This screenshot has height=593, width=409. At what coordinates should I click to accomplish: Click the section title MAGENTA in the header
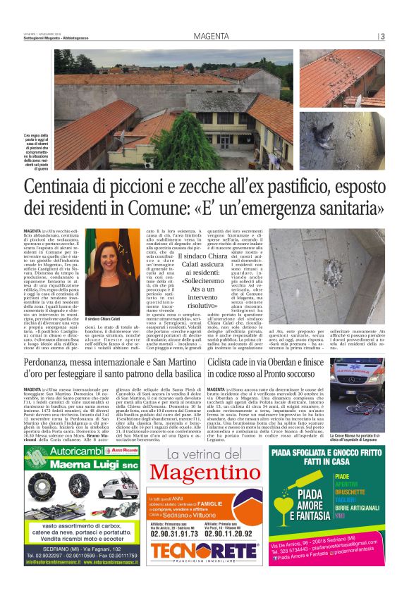212,36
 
